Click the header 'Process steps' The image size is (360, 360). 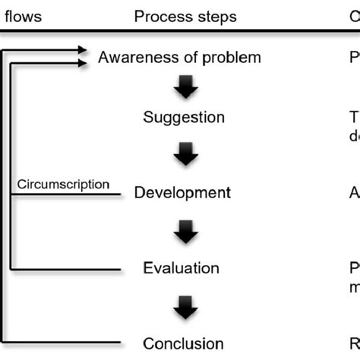[185, 16]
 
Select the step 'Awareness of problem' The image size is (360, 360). [180, 58]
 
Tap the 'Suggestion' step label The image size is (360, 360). [184, 118]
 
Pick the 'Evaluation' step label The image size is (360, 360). [182, 267]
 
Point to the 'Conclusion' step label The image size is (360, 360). [184, 343]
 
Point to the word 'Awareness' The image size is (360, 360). [136, 58]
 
